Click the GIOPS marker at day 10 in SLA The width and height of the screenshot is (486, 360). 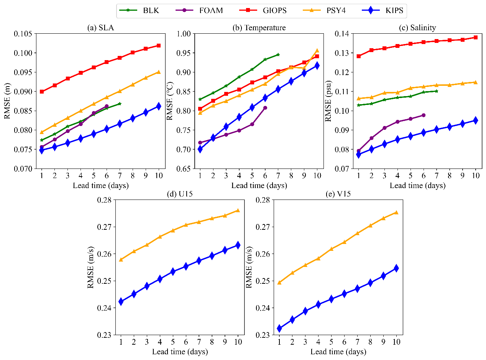[158, 46]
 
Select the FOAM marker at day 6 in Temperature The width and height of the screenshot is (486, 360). [265, 108]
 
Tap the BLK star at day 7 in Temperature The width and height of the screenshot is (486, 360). [278, 55]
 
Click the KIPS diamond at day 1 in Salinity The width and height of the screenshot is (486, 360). [358, 154]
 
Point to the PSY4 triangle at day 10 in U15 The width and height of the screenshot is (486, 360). [238, 210]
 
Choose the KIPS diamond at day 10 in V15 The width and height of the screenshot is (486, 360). [396, 268]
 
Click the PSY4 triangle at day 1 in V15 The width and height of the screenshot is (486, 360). [279, 283]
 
